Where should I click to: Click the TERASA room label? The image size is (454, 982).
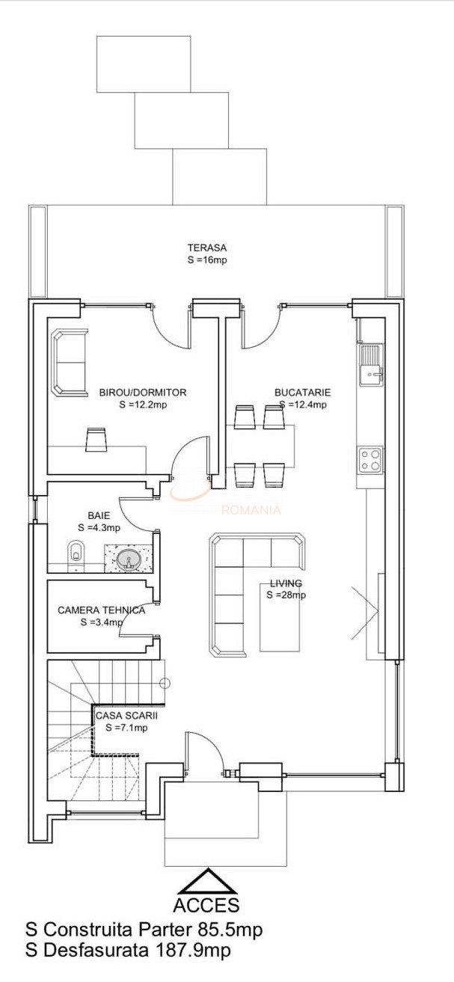207,248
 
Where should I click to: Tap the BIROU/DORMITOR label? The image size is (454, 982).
143,393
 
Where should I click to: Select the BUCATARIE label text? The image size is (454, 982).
303,393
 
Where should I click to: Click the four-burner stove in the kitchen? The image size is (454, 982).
370,460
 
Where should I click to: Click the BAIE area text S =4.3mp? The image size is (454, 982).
99,528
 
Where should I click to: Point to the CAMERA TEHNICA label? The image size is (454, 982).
101,610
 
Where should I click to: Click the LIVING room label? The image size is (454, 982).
286,583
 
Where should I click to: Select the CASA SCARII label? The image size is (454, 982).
126,716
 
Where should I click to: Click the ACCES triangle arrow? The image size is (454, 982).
207,881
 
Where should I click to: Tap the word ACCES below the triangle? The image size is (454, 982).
206,905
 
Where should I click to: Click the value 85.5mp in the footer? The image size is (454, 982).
230,929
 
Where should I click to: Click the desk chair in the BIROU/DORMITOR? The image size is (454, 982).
96,439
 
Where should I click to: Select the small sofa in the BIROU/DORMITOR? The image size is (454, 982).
70,363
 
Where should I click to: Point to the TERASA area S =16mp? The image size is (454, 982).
207,260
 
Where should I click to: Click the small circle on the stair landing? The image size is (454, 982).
165,683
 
